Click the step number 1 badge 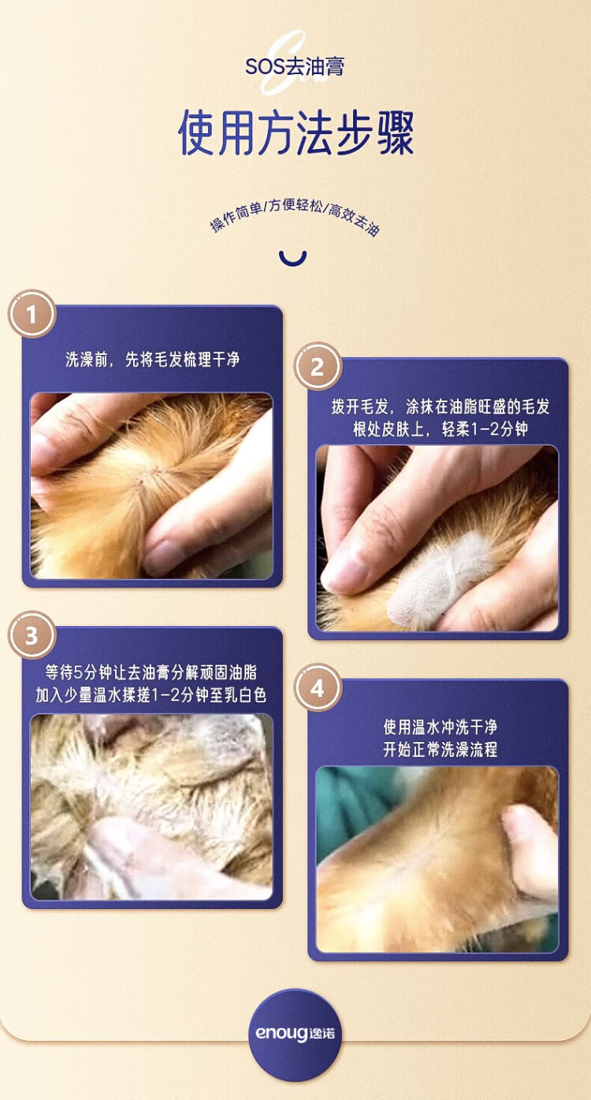[x=32, y=315]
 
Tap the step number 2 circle [x=318, y=367]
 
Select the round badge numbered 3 [x=32, y=635]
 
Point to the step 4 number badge [x=318, y=688]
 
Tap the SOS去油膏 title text [x=295, y=66]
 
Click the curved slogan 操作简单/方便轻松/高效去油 [x=295, y=217]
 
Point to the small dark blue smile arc [x=292, y=259]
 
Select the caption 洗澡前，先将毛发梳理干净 [x=152, y=359]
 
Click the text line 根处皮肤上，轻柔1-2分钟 [x=440, y=429]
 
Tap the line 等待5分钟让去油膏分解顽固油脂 [x=151, y=673]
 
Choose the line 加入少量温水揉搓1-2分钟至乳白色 [x=151, y=695]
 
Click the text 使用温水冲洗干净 [x=440, y=726]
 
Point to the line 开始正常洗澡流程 [x=440, y=749]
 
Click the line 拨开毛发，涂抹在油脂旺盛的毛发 [x=440, y=407]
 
